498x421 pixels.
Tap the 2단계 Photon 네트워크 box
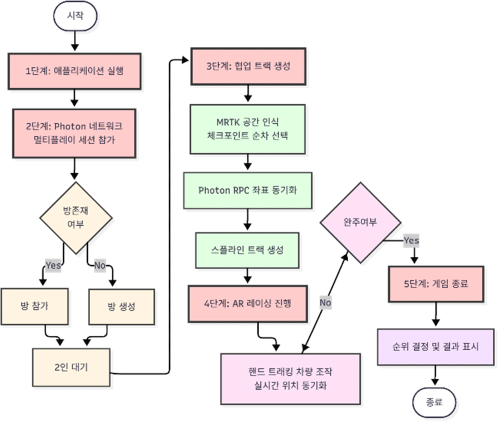coord(74,133)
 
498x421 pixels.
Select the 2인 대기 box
coord(74,367)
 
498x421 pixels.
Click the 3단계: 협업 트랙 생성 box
coord(247,66)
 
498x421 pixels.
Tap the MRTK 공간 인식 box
coord(247,129)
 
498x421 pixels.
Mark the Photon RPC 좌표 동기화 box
coord(247,190)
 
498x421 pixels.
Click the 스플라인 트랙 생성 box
coord(247,250)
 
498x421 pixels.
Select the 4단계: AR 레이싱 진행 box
coord(247,303)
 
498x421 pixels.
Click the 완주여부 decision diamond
coord(359,223)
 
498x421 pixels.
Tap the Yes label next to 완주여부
coord(411,241)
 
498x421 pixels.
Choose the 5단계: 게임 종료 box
coord(436,284)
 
